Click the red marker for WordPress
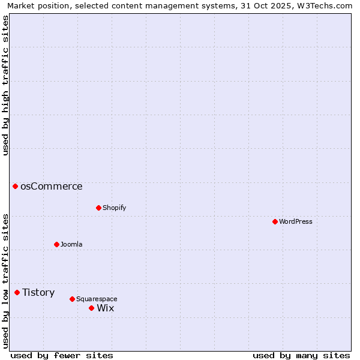click(275, 221)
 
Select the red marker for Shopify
click(98, 208)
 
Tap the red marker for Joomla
click(56, 244)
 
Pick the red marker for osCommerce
click(15, 186)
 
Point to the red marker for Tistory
click(17, 292)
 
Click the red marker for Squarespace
click(72, 299)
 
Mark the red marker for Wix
click(91, 308)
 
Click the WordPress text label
click(296, 221)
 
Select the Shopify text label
click(114, 208)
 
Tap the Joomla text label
click(71, 244)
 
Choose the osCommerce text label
click(52, 186)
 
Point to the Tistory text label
click(38, 292)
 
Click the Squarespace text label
click(97, 299)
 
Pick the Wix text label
click(106, 308)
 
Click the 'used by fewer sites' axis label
click(61, 355)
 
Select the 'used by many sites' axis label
click(301, 355)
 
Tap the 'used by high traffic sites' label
click(5, 85)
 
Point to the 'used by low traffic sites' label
click(5, 280)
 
